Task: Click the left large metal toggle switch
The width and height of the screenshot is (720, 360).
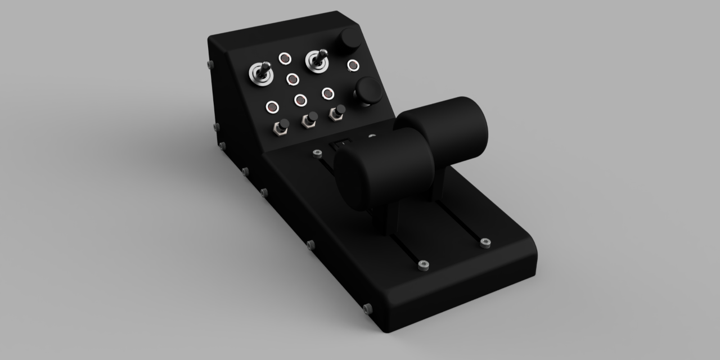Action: pyautogui.click(x=261, y=74)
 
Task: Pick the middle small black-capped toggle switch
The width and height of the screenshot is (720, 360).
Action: pyautogui.click(x=310, y=119)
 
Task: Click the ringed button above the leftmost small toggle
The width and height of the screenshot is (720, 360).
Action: pyautogui.click(x=272, y=106)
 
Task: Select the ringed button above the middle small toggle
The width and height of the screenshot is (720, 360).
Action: pyautogui.click(x=301, y=100)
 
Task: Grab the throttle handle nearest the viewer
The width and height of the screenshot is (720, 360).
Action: pyautogui.click(x=384, y=168)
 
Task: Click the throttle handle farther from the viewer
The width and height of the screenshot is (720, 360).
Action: pyautogui.click(x=444, y=129)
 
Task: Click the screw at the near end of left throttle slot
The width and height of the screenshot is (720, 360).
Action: pyautogui.click(x=424, y=265)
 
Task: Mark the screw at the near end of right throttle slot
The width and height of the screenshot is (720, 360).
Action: pyautogui.click(x=485, y=243)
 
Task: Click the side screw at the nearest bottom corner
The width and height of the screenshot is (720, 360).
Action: pyautogui.click(x=368, y=308)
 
